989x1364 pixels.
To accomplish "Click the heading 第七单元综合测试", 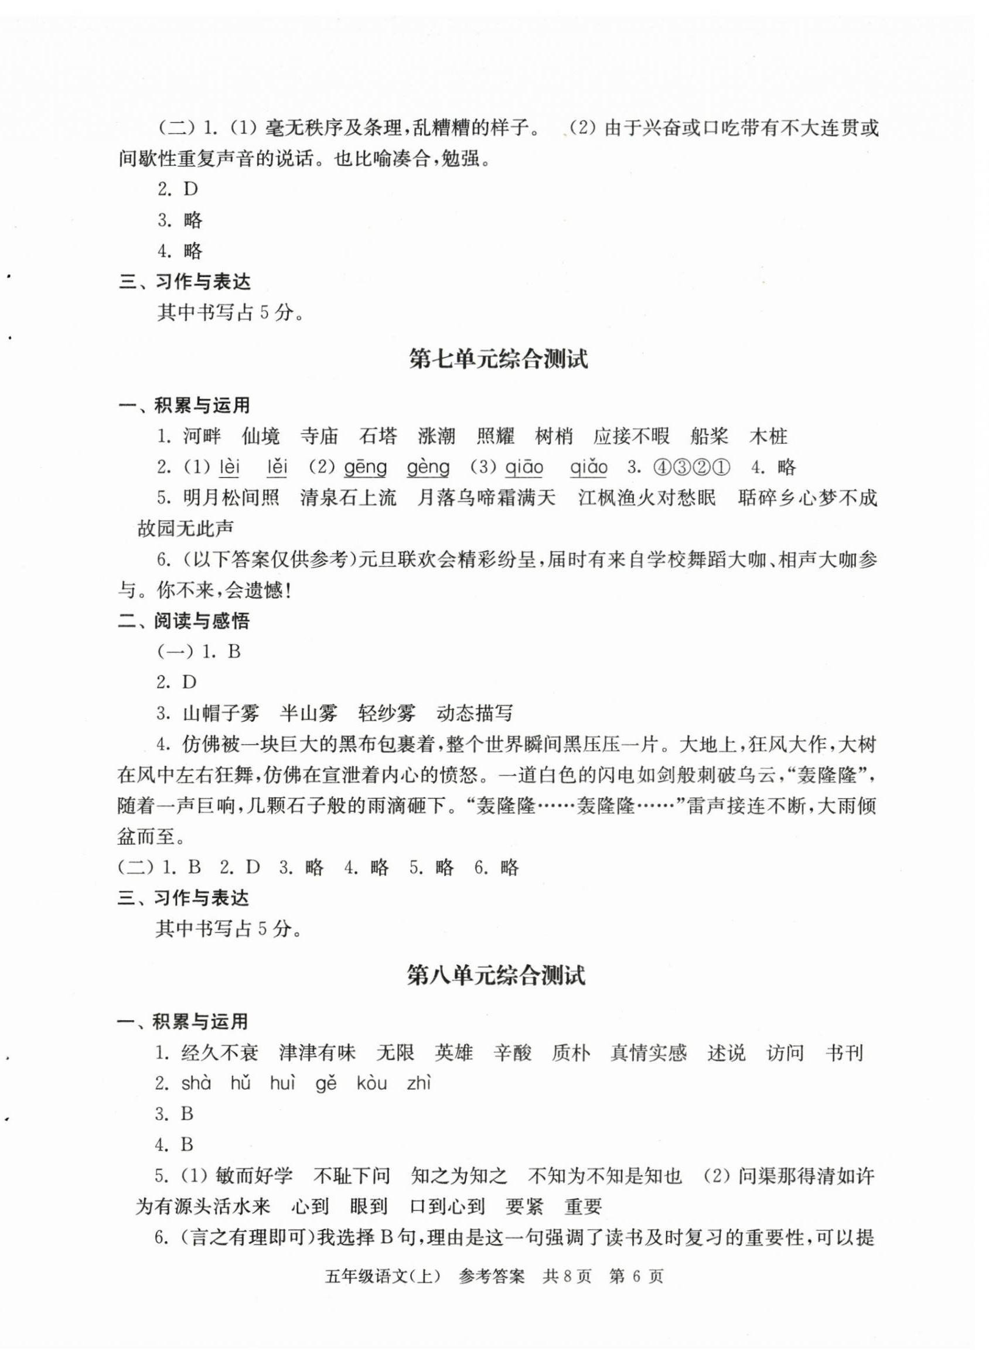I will (x=497, y=360).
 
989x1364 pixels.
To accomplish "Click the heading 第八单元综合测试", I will (x=496, y=976).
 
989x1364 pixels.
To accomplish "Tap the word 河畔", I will (x=202, y=436).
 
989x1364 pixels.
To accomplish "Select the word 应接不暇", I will (x=631, y=436).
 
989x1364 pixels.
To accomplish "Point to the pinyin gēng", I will (x=365, y=468).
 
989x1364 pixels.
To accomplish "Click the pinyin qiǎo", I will (x=588, y=468).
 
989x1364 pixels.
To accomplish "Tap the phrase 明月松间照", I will (x=231, y=498).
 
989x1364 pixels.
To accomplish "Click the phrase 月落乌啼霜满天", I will (x=487, y=498).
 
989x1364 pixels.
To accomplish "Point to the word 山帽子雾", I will (x=221, y=714).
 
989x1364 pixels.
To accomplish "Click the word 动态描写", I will (x=475, y=714).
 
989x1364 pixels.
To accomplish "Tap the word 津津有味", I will (x=317, y=1053).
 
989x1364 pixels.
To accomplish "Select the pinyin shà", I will (x=196, y=1084).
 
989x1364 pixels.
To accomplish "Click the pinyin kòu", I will (x=372, y=1084).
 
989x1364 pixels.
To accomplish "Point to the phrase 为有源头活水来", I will (x=203, y=1206).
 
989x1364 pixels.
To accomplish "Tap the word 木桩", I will (x=768, y=436).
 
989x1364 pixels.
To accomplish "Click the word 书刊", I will (x=844, y=1053).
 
